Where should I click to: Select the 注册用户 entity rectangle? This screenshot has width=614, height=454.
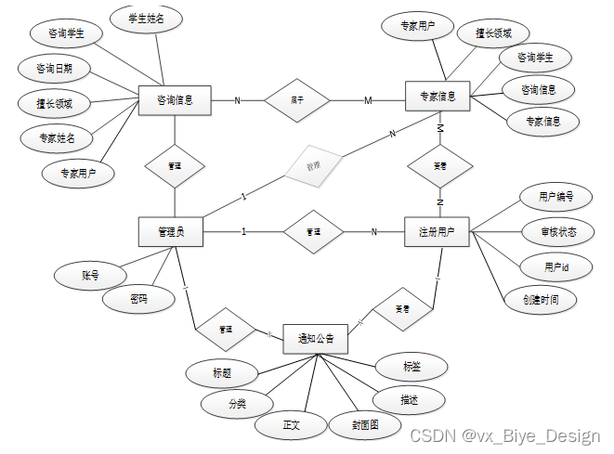pos(437,231)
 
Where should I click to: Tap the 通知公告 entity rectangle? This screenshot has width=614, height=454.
pos(316,339)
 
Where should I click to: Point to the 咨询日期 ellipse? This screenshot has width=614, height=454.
pos(55,69)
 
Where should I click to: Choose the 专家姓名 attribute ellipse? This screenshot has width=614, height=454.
pos(57,138)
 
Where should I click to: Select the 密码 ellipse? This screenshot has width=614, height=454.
pos(138,299)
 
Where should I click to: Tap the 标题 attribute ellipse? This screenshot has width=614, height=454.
pos(221,373)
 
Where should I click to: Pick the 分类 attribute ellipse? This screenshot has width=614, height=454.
pos(238,404)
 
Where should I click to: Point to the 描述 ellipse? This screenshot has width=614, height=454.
pos(408,399)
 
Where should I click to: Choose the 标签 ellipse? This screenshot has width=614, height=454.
pos(412,368)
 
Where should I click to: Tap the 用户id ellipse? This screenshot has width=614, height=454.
pos(556,267)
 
